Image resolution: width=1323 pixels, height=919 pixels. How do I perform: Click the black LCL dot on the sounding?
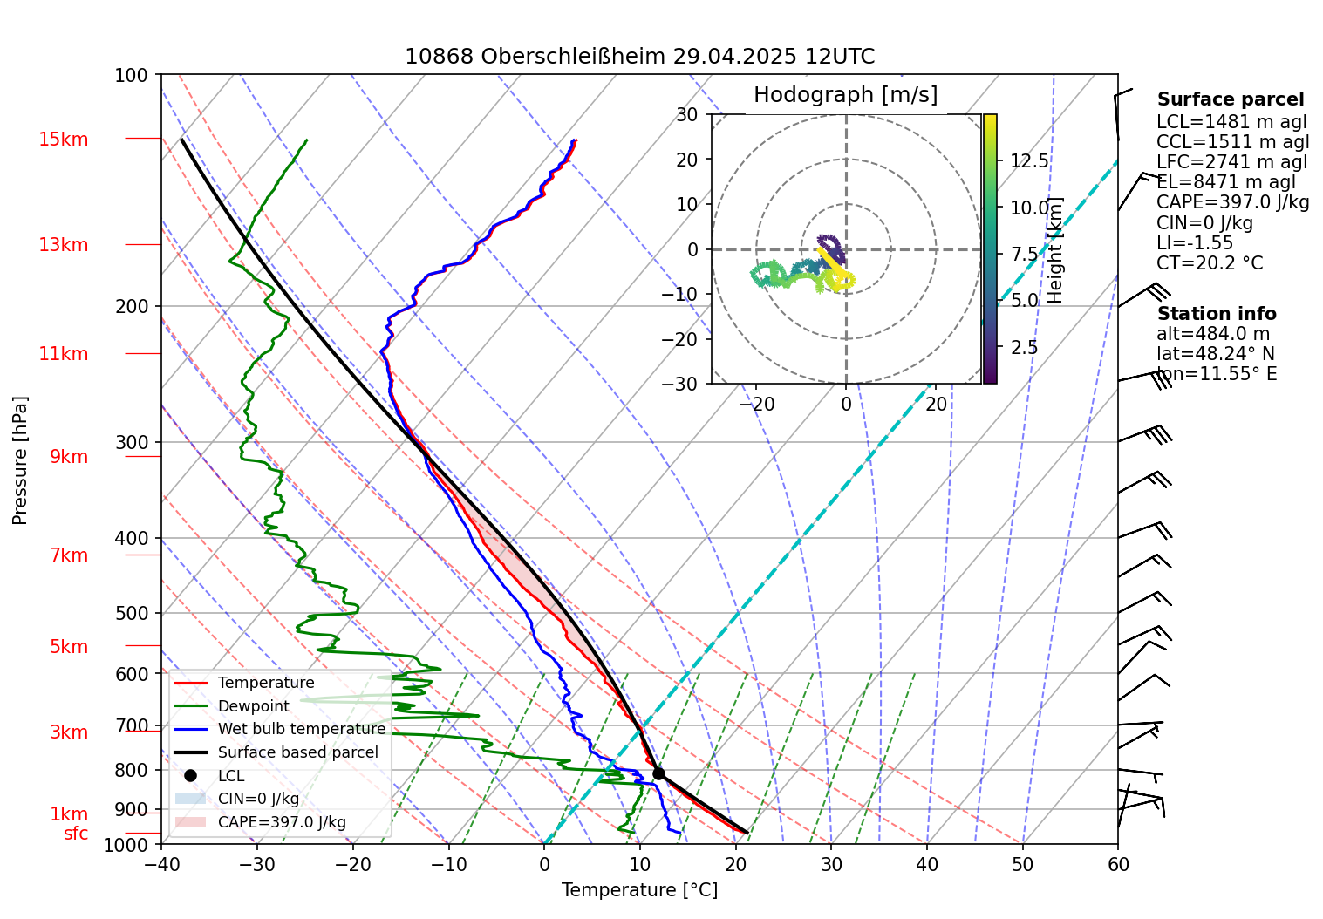click(658, 773)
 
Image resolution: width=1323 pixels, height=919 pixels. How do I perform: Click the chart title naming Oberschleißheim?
click(639, 57)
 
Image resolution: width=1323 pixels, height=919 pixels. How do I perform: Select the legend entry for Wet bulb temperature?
click(301, 729)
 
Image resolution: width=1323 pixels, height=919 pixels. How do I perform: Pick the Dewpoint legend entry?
click(253, 706)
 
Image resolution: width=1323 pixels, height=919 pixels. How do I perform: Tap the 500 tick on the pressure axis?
click(132, 613)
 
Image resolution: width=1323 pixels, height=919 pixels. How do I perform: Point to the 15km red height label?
click(63, 140)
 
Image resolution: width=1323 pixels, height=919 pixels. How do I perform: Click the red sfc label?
click(76, 834)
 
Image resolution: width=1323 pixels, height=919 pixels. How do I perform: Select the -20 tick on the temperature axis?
click(353, 865)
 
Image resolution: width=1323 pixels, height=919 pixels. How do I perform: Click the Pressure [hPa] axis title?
click(20, 459)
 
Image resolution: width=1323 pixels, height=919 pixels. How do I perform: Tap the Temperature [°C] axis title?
click(639, 890)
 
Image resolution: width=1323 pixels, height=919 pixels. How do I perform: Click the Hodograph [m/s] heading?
click(845, 95)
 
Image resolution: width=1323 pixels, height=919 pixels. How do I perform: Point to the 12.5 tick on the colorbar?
click(1029, 161)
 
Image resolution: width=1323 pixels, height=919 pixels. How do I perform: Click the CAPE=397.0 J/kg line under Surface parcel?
click(1232, 202)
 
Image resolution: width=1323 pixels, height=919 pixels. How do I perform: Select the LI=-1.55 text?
click(1195, 243)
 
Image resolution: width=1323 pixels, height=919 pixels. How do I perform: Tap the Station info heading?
click(1216, 314)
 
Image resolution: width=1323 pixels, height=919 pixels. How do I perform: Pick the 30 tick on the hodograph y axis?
click(687, 114)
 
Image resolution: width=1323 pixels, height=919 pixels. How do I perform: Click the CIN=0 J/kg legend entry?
click(258, 799)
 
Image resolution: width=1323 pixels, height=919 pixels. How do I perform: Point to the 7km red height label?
click(69, 555)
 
